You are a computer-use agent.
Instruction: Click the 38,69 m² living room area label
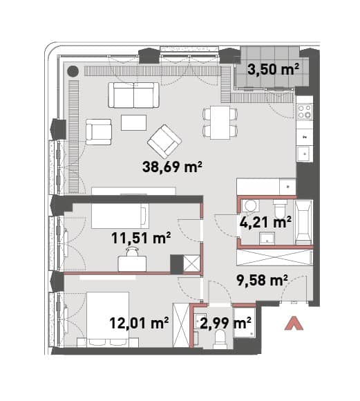click(172, 167)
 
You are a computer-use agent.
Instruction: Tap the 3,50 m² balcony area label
click(273, 69)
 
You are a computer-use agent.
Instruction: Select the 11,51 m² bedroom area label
click(141, 238)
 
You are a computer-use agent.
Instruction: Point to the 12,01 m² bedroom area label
click(139, 323)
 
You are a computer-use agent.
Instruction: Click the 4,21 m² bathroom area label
click(265, 222)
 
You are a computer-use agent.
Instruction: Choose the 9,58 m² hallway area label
click(262, 280)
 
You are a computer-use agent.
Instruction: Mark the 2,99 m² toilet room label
click(225, 323)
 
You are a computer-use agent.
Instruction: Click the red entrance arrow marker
click(294, 324)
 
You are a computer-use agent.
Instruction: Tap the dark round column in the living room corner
click(73, 71)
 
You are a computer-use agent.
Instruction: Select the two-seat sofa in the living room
click(134, 95)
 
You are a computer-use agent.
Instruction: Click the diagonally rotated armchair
click(164, 141)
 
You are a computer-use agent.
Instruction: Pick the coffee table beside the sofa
click(134, 123)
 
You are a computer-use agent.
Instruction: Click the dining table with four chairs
click(220, 122)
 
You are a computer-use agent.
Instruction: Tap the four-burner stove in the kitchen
click(305, 112)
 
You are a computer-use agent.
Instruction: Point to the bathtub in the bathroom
click(304, 222)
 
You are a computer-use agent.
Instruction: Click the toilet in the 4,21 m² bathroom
click(280, 209)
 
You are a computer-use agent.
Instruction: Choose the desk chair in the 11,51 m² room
click(132, 252)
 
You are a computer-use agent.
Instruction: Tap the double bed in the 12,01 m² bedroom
click(108, 319)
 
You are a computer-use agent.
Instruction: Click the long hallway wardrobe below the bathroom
click(275, 257)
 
